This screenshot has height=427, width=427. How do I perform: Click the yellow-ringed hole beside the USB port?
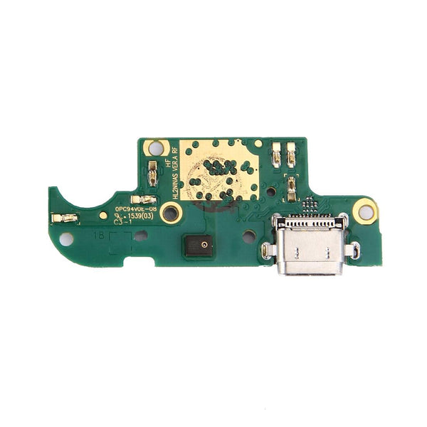[366, 211]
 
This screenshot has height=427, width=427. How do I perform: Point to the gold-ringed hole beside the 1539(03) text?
[171, 211]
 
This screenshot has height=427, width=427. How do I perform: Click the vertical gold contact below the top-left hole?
[152, 169]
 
